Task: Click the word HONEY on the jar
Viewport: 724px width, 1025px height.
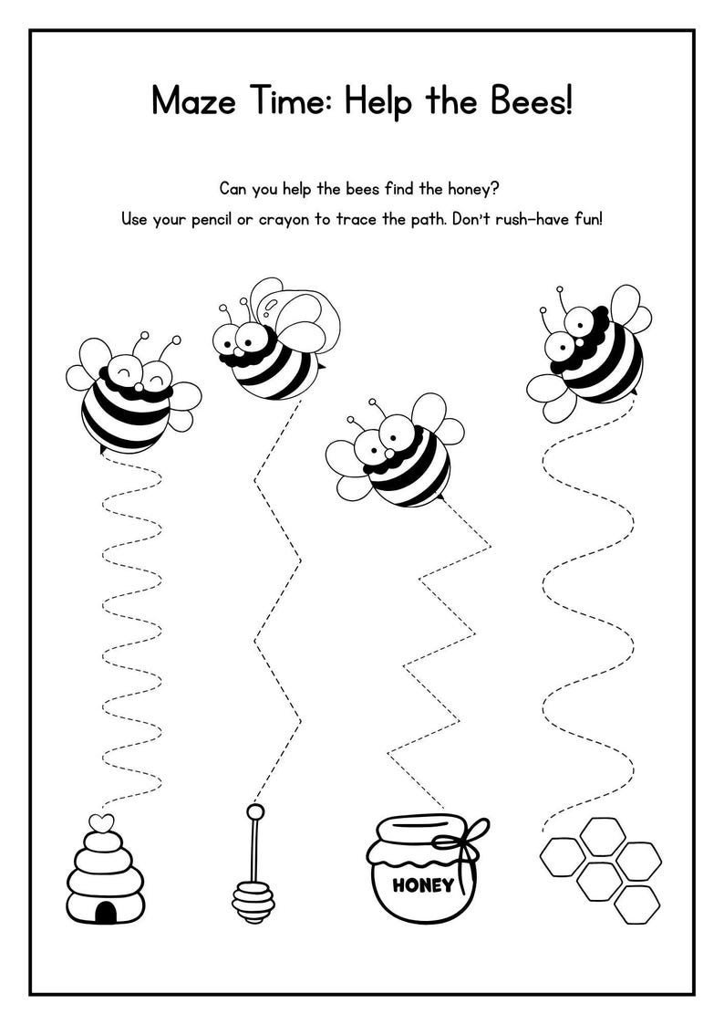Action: [422, 884]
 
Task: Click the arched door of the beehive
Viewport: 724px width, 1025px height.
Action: [106, 912]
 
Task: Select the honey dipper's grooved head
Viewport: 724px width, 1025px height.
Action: [253, 900]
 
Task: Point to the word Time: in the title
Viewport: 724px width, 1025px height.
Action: [286, 99]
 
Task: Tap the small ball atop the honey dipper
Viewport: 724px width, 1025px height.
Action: [255, 811]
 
